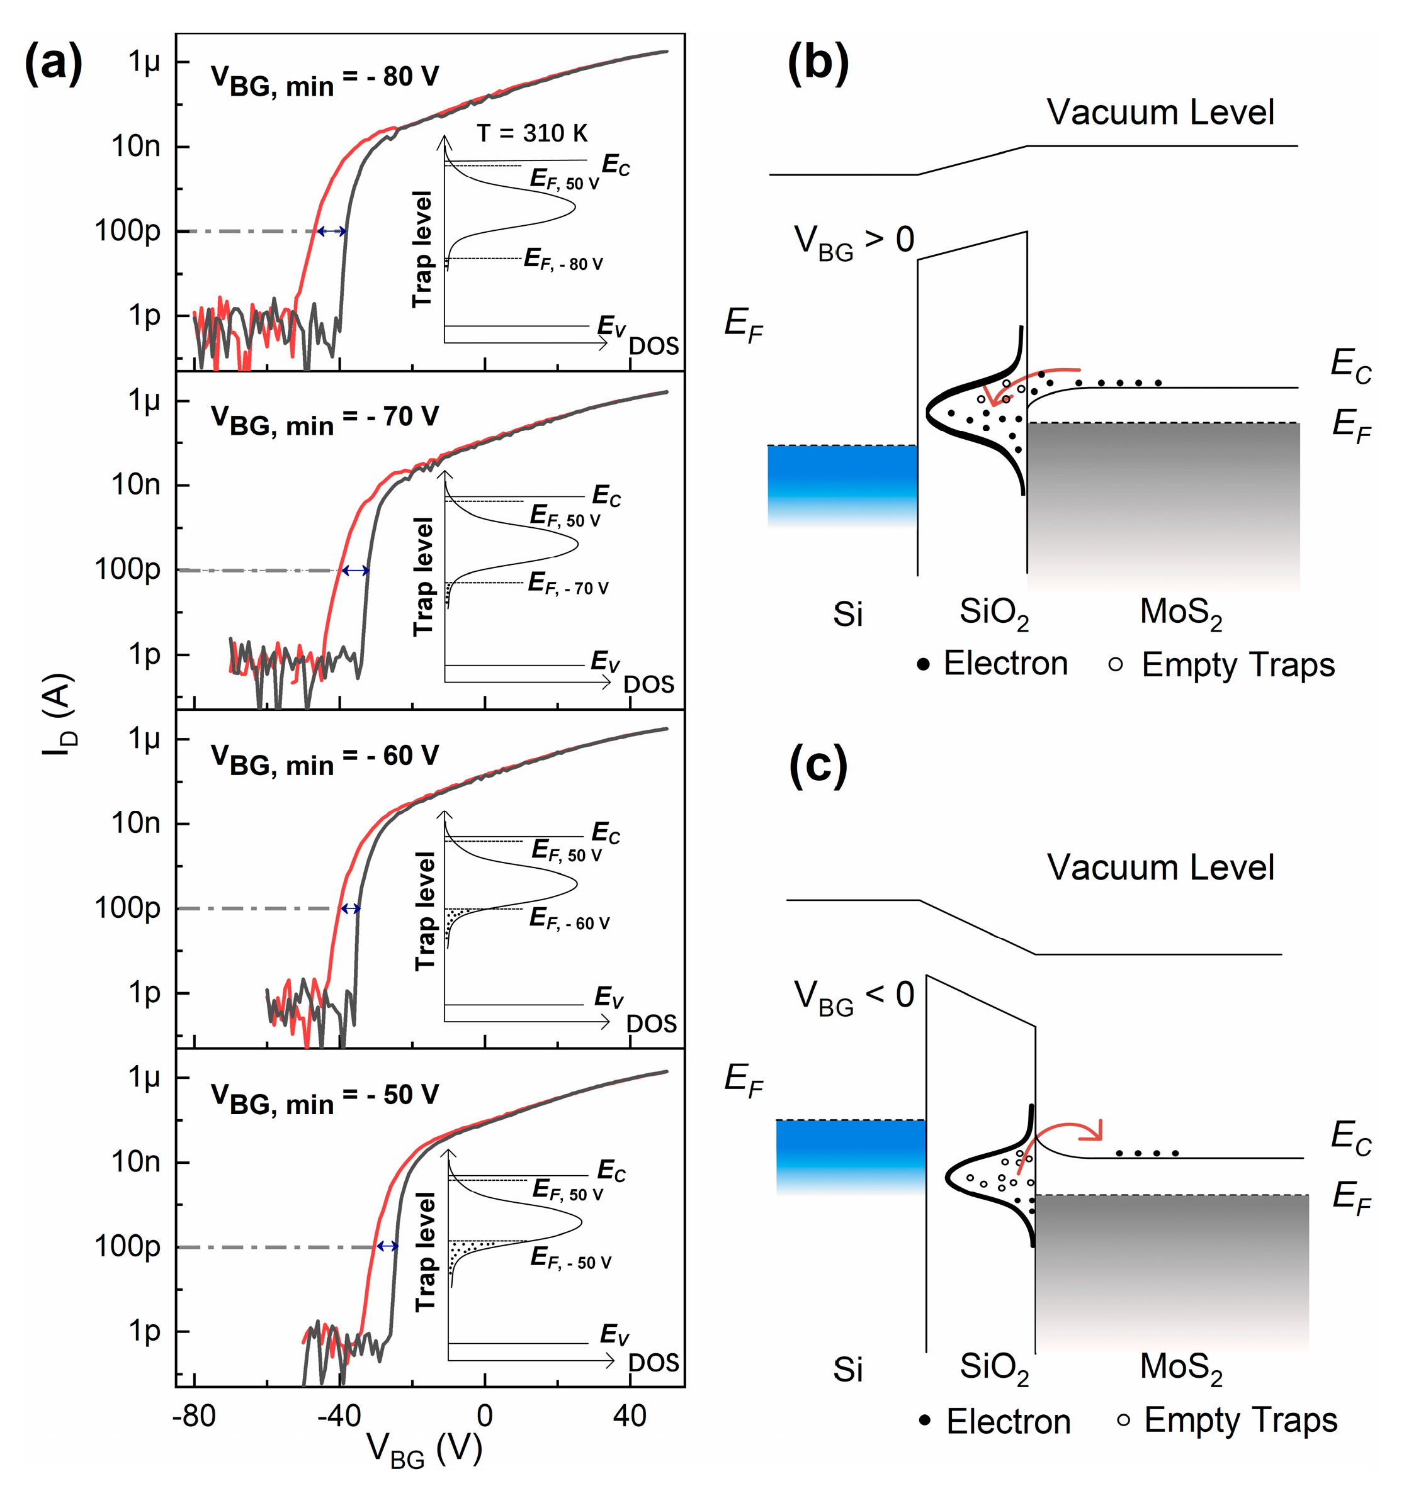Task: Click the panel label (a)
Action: [54, 65]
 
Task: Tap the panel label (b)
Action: [818, 63]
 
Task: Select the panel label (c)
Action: [818, 766]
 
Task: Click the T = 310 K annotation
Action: [532, 133]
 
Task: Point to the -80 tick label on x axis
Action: [194, 1416]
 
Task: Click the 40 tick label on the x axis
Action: [629, 1416]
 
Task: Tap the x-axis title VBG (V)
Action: [424, 1448]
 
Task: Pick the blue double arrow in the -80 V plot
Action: [332, 231]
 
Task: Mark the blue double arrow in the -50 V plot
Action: [387, 1246]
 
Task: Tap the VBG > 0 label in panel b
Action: [854, 241]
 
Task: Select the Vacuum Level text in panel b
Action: [1160, 113]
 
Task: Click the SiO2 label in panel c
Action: [994, 1367]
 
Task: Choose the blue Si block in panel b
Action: [842, 480]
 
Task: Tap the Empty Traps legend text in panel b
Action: [1238, 664]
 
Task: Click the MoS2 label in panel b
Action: [1180, 613]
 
